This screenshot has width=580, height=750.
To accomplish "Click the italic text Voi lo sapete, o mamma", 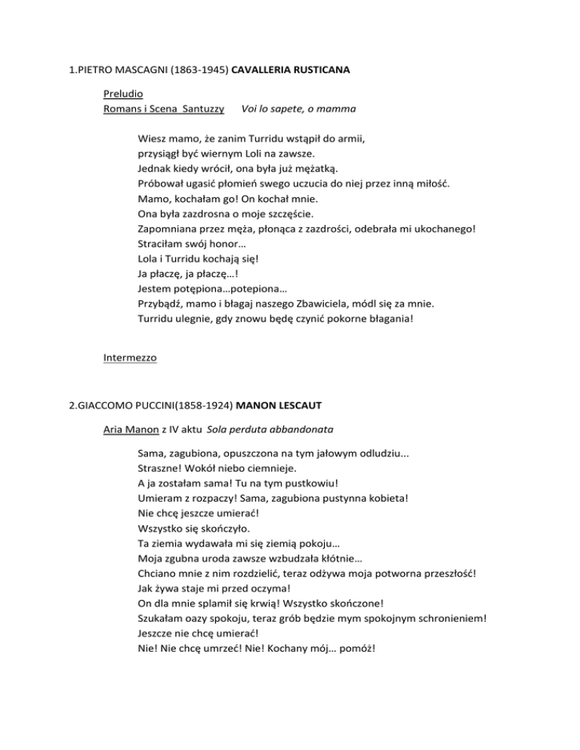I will tap(298, 110).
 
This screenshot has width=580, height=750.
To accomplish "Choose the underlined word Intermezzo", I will tap(130, 358).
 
